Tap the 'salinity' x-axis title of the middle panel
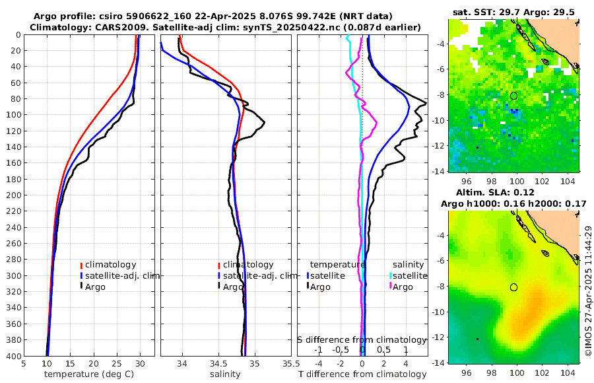point(225,374)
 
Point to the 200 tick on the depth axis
point(13,195)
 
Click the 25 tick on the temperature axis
point(117,363)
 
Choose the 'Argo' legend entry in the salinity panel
point(233,287)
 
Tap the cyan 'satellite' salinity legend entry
point(409,275)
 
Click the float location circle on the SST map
point(513,96)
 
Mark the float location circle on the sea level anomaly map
point(513,287)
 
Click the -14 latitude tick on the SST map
point(438,171)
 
